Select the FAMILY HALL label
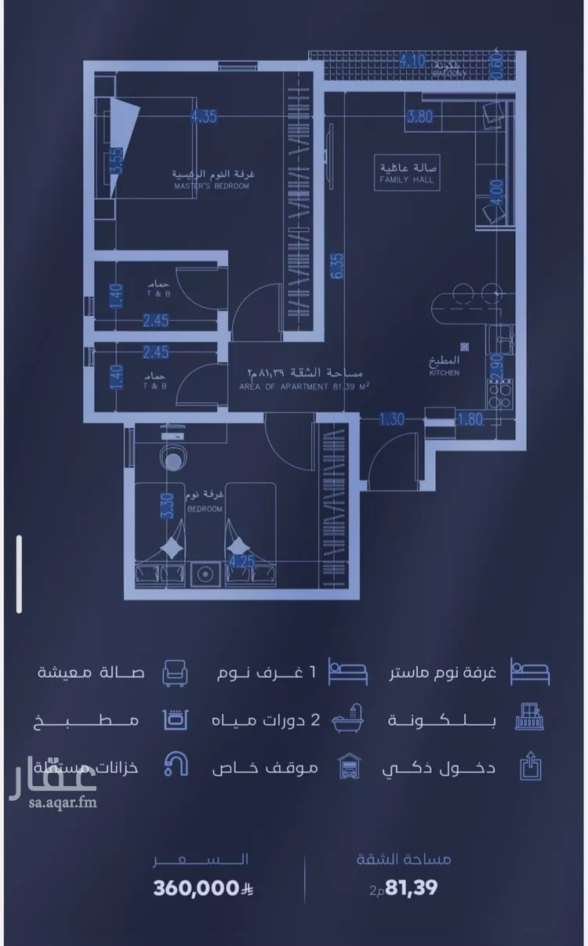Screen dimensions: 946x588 [x=406, y=179]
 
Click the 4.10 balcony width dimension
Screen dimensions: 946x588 [x=412, y=60]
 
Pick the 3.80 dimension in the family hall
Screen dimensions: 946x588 [x=419, y=118]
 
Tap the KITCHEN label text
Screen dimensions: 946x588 [x=444, y=373]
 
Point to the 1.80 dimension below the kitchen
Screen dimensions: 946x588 [x=470, y=419]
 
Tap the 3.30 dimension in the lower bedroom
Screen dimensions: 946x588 [x=165, y=506]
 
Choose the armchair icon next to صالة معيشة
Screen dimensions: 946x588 [x=173, y=672]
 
